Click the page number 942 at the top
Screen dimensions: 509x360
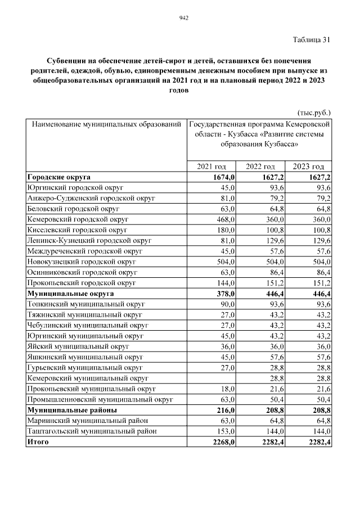pyautogui.click(x=183, y=18)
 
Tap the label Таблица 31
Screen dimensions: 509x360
pyautogui.click(x=311, y=39)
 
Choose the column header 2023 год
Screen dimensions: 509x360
pyautogui.click(x=309, y=166)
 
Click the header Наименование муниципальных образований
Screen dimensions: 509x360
pyautogui.click(x=106, y=123)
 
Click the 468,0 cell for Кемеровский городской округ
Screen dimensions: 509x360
pyautogui.click(x=225, y=218)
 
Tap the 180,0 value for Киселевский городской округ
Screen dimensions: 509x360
pyautogui.click(x=225, y=229)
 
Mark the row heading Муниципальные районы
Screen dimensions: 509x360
pyautogui.click(x=72, y=411)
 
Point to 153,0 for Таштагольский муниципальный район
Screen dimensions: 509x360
pyautogui.click(x=225, y=431)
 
